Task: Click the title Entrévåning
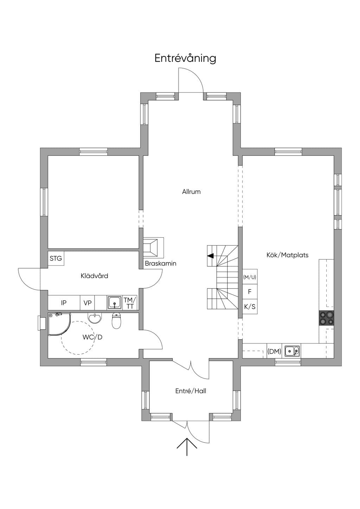[x=185, y=58]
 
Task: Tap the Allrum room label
[x=191, y=192]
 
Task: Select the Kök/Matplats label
[x=288, y=255]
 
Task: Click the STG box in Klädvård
[x=56, y=258]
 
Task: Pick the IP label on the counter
[x=64, y=303]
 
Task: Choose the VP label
[x=88, y=303]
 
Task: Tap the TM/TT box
[x=130, y=302]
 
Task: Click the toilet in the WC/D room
[x=117, y=321]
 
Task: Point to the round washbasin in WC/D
[x=95, y=318]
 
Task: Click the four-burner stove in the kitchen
[x=327, y=318]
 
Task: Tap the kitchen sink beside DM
[x=292, y=351]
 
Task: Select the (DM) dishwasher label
[x=274, y=352]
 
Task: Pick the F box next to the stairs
[x=250, y=291]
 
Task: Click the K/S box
[x=250, y=307]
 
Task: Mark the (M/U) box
[x=250, y=277]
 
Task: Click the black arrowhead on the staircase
[x=211, y=256]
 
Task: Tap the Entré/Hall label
[x=191, y=391]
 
